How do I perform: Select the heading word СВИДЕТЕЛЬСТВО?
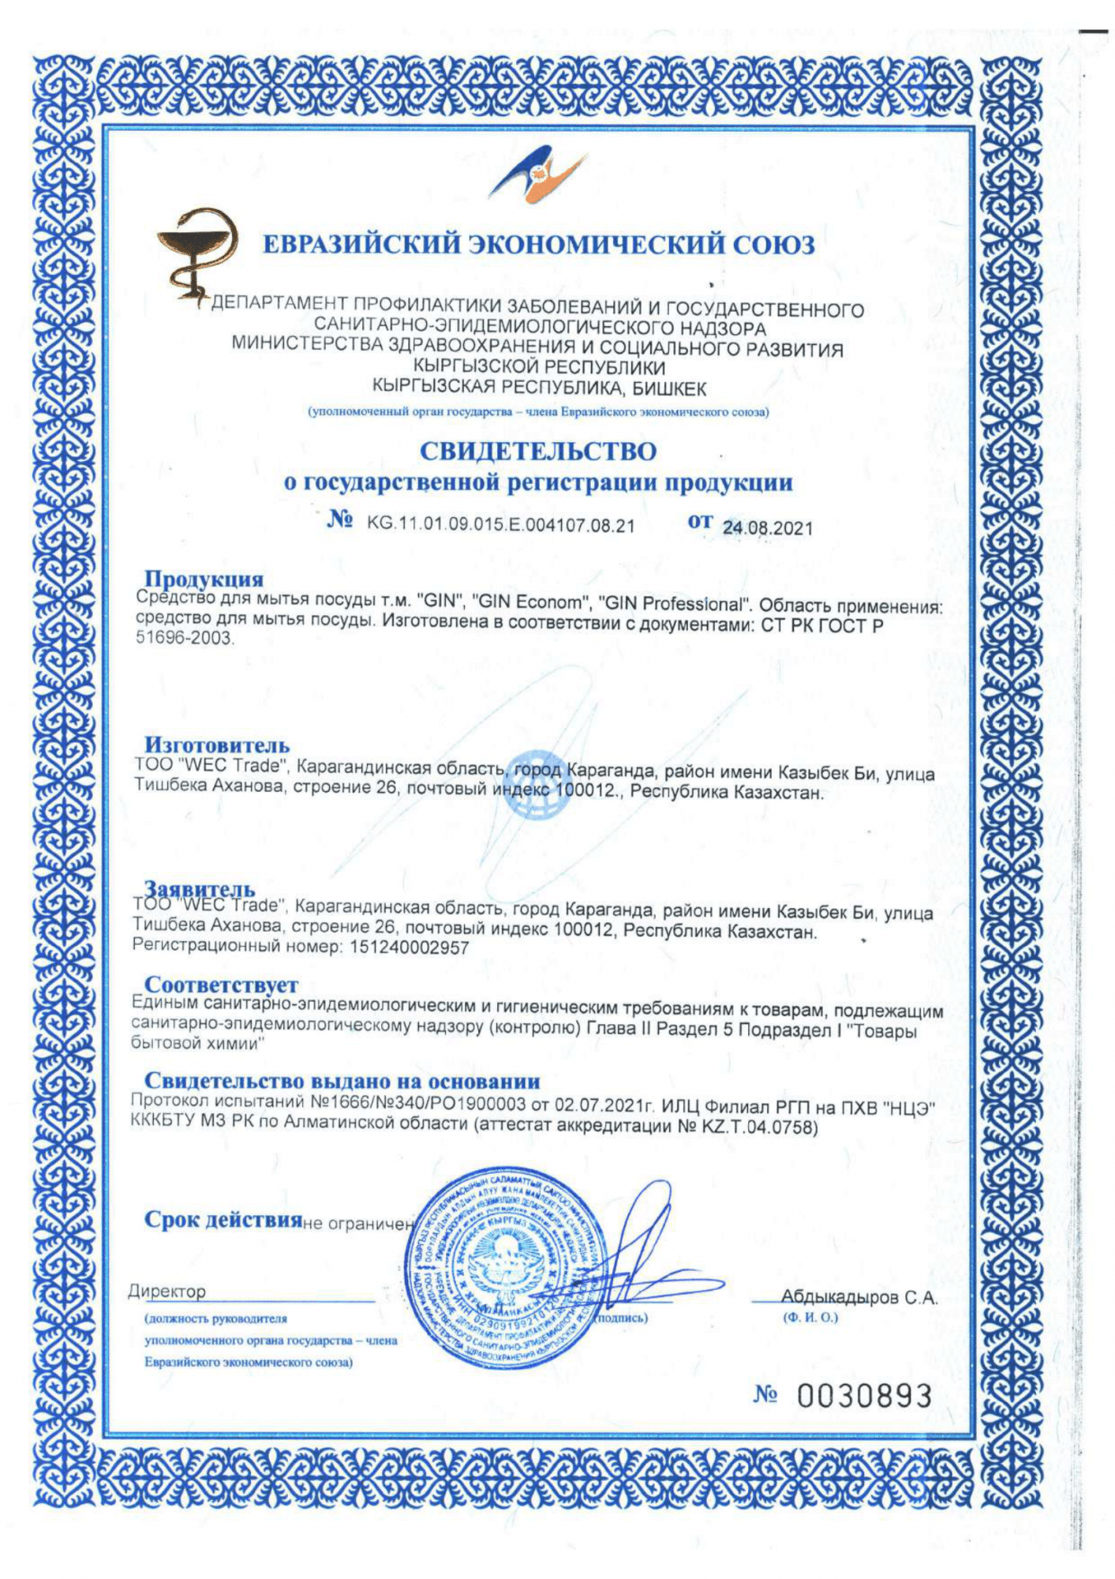click(537, 451)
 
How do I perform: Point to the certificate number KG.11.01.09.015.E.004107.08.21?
click(500, 525)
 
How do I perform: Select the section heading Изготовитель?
click(216, 744)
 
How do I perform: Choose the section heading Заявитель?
click(200, 889)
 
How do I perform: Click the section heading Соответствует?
click(221, 985)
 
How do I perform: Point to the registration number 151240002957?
click(407, 947)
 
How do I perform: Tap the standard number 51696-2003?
click(185, 638)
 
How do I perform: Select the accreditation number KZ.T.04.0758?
click(758, 1127)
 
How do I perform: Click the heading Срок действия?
click(223, 1220)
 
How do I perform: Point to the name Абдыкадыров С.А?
click(859, 1297)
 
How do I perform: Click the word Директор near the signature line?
click(167, 1292)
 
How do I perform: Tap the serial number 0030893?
click(864, 1396)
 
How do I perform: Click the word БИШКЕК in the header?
click(670, 389)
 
